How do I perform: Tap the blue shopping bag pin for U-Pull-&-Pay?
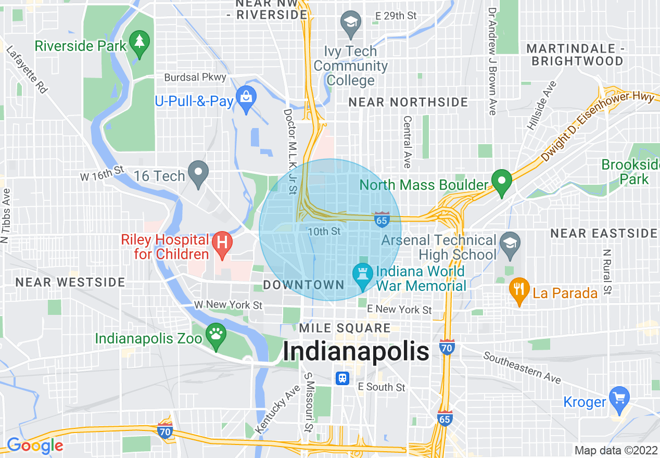coord(244,97)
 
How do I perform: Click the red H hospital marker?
coord(222,243)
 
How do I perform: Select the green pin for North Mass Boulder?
coord(502,182)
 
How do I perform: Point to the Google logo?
coord(35,446)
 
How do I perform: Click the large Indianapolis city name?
coord(356,352)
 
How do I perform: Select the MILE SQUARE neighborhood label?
coord(345,328)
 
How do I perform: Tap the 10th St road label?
coord(324,231)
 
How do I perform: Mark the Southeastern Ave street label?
coord(522,367)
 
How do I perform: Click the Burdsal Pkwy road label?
coord(195,78)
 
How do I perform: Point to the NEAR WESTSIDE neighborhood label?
coord(70,283)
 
